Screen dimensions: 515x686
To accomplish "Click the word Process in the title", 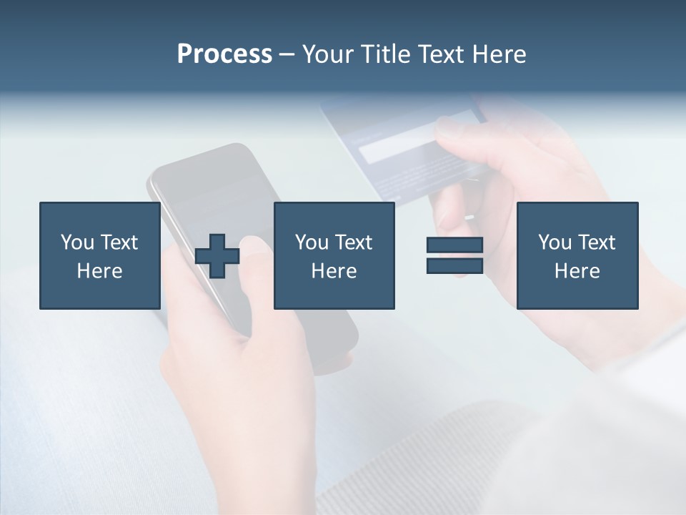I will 224,54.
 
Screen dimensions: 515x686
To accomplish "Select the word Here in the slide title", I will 498,54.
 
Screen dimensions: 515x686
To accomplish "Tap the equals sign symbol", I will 454,255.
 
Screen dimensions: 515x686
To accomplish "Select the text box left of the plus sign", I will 99,255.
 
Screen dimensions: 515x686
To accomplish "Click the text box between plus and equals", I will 334,255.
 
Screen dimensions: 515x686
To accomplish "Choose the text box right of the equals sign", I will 577,255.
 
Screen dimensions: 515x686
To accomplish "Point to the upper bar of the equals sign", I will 454,245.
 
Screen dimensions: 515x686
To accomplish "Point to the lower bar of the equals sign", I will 454,265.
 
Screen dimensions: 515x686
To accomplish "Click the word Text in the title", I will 441,54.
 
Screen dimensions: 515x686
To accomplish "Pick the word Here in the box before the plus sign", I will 99,271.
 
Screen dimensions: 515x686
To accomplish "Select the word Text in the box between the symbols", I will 354,242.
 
